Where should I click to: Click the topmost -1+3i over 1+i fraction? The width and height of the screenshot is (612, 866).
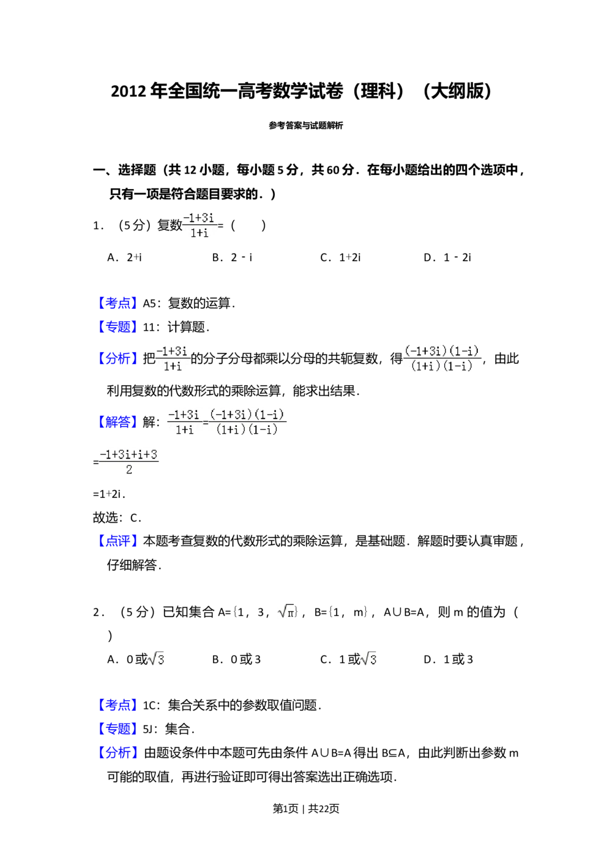click(x=200, y=225)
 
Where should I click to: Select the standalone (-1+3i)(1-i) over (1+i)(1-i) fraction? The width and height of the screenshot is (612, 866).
click(x=442, y=359)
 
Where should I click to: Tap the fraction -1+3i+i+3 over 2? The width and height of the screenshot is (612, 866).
click(x=129, y=462)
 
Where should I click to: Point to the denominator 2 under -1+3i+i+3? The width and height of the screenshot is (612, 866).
click(x=129, y=470)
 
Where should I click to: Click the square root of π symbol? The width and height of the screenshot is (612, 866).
click(x=286, y=612)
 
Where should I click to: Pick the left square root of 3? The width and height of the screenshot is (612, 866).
click(x=157, y=660)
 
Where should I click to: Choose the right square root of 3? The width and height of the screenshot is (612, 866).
click(x=367, y=660)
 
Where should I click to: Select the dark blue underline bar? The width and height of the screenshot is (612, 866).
click(x=149, y=335)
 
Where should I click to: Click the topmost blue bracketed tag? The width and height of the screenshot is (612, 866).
click(x=117, y=302)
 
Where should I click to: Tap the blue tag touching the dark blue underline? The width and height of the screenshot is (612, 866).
click(x=117, y=325)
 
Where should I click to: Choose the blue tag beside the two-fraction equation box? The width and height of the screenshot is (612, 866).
click(x=117, y=421)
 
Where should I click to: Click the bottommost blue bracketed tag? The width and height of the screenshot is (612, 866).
click(x=117, y=752)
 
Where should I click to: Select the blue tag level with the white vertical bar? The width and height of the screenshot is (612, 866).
click(x=117, y=705)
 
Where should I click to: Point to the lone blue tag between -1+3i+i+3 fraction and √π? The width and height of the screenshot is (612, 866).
click(x=117, y=540)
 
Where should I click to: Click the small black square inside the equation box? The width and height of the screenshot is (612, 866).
click(x=206, y=422)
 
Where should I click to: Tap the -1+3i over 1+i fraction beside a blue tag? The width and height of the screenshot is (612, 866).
click(x=171, y=359)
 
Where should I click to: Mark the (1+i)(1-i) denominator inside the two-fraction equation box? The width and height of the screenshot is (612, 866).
click(x=247, y=430)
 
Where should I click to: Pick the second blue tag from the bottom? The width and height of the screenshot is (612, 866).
click(x=117, y=728)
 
